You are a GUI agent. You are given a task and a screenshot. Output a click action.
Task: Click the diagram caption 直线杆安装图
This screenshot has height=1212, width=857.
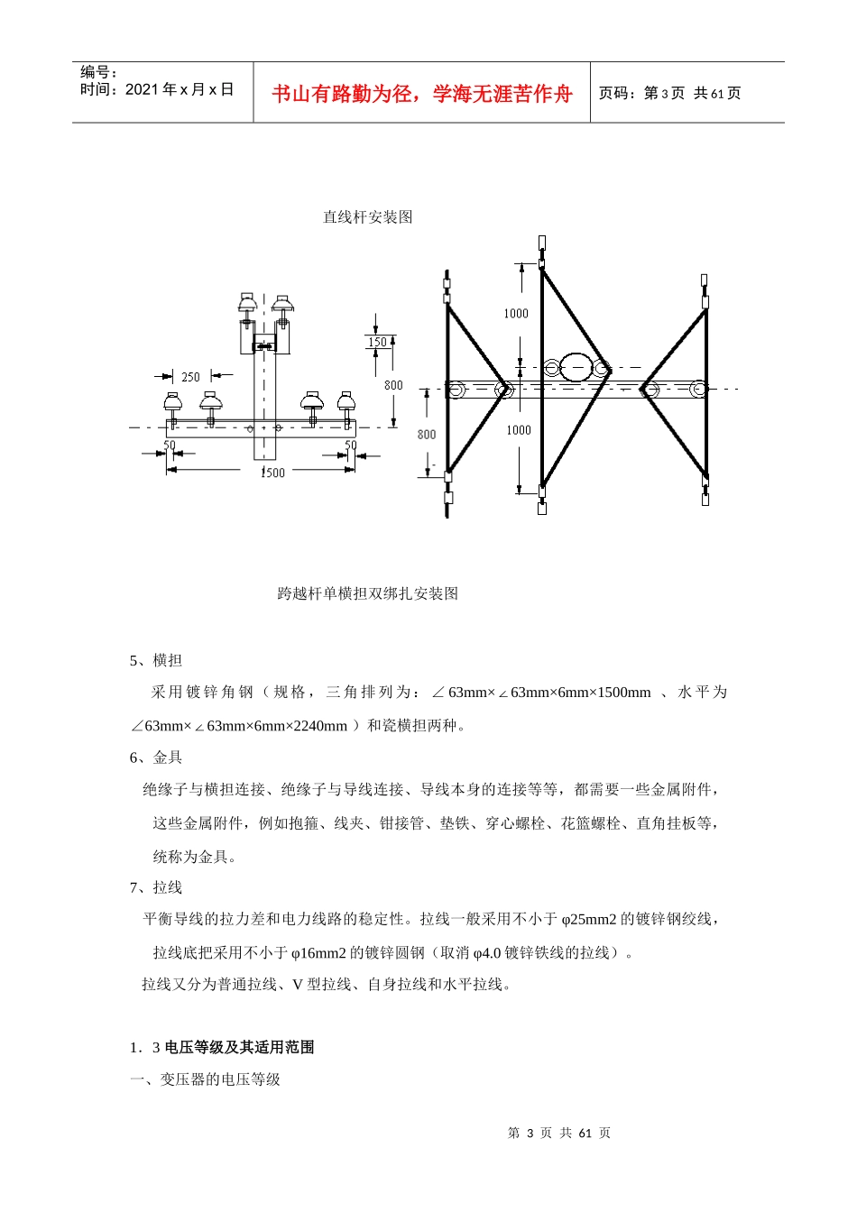367,217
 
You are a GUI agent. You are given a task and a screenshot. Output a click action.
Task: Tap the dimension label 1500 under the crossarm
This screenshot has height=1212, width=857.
272,473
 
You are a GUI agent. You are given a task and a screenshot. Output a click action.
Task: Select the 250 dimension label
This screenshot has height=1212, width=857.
190,377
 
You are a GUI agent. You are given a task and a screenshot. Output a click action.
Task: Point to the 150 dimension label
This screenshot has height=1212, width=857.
377,343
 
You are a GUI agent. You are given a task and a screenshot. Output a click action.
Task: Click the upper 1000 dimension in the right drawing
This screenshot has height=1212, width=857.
516,314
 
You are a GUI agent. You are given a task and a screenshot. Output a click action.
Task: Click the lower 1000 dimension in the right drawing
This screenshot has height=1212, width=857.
519,430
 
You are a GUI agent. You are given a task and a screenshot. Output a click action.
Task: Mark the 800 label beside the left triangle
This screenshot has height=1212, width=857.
427,435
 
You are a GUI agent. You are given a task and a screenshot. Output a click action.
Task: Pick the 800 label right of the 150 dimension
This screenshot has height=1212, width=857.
393,385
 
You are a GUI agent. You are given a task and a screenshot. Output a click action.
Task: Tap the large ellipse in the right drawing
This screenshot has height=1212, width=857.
576,367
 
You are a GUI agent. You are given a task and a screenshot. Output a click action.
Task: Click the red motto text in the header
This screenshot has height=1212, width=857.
422,94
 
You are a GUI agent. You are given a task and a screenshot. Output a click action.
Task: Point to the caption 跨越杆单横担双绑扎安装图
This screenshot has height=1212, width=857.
367,593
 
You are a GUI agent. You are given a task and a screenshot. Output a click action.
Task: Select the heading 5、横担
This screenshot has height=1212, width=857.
156,660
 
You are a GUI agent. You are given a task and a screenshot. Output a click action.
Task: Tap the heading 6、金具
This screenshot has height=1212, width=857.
156,757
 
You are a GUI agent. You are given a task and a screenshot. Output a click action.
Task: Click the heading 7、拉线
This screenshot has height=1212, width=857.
156,887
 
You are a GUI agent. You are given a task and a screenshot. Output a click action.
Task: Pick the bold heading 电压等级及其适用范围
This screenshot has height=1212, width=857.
239,1047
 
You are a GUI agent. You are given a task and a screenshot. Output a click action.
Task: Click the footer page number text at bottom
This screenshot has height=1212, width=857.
559,1133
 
